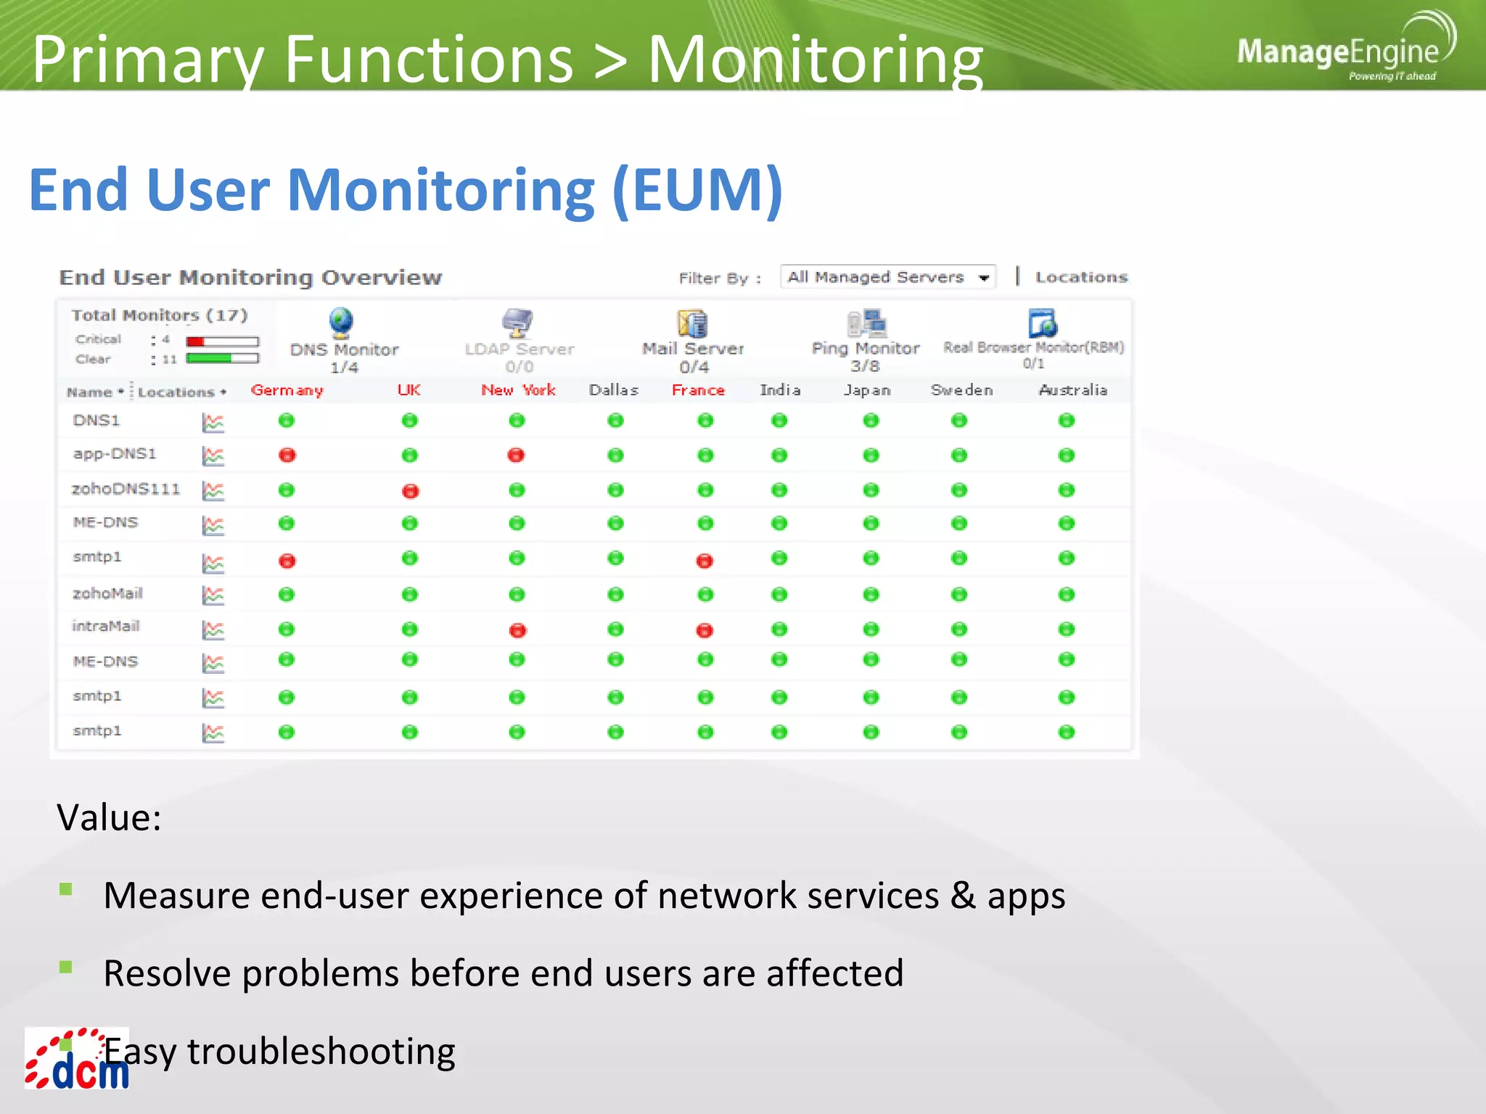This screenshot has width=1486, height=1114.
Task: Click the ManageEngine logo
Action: [1342, 51]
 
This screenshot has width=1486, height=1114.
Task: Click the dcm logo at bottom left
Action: [77, 1060]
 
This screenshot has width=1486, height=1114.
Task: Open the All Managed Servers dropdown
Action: [888, 277]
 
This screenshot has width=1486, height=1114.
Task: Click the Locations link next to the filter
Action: [1081, 277]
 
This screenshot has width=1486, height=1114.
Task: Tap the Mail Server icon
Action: [692, 323]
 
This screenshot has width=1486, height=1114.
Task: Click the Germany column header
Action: [287, 390]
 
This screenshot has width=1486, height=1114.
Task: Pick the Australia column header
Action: [1072, 390]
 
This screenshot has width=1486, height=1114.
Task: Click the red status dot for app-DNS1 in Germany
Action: [287, 455]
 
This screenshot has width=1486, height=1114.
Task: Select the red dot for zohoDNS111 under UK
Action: [410, 491]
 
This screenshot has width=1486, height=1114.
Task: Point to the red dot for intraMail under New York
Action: [517, 630]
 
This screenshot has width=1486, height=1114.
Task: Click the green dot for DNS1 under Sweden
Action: [959, 421]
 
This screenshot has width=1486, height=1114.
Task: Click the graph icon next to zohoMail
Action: [213, 595]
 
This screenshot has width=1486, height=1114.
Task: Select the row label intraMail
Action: [106, 626]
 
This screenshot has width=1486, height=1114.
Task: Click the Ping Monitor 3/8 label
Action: [865, 357]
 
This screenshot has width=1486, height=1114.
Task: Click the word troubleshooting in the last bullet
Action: [321, 1052]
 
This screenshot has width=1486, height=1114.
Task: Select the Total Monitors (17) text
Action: [160, 315]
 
